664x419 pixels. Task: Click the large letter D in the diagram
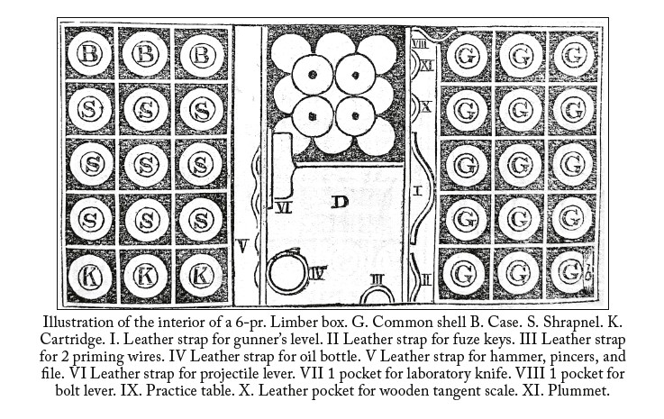[339, 202]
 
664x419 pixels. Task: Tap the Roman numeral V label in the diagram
[241, 246]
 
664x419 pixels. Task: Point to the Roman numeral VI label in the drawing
[283, 207]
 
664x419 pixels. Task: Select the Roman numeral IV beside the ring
[317, 274]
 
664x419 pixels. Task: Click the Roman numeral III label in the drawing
[377, 279]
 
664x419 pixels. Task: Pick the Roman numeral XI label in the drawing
[426, 66]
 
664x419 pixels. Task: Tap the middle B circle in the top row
[145, 54]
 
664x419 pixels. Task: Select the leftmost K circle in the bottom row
[90, 277]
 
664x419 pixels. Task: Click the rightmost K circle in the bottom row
[201, 277]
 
